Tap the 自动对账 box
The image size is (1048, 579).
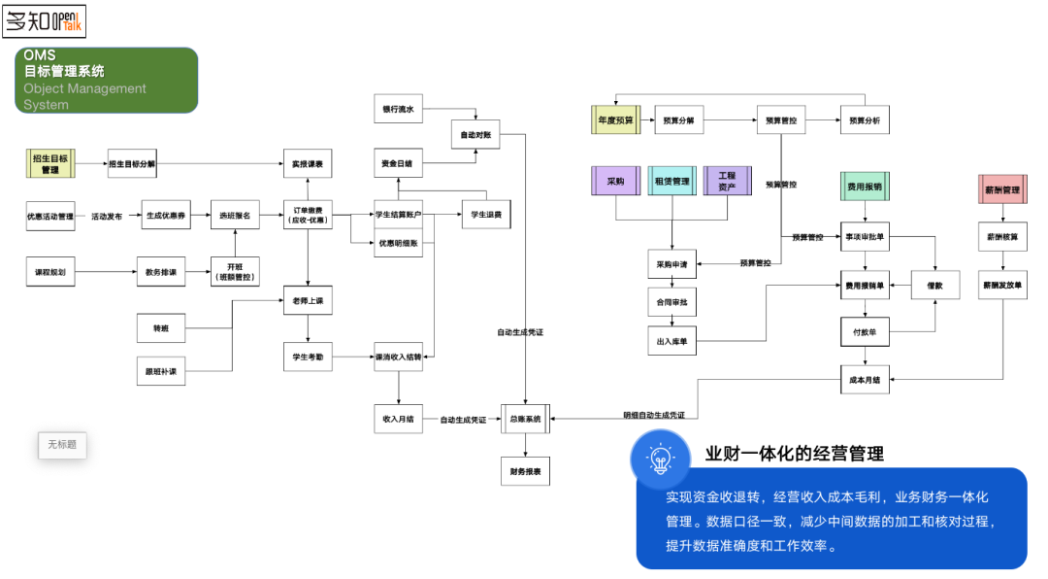point(475,134)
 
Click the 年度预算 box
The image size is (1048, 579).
point(616,120)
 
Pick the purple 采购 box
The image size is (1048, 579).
point(616,181)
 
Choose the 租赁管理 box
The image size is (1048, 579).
point(671,181)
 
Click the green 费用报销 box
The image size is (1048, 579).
point(865,186)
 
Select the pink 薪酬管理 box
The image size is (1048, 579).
point(1003,189)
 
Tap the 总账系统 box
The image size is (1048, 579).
point(525,419)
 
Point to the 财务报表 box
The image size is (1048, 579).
point(525,472)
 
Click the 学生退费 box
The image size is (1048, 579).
point(486,214)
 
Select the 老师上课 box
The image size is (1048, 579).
point(308,302)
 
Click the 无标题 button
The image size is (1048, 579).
point(63,445)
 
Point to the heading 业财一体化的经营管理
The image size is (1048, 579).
point(794,454)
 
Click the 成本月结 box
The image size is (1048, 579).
point(865,380)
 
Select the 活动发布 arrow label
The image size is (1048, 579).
point(107,216)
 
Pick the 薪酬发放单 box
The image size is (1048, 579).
point(1003,286)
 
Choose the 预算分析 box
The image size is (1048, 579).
point(865,120)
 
